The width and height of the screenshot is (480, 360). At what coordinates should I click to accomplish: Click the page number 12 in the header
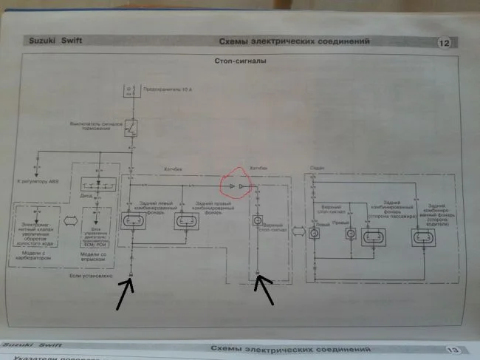coord(444,43)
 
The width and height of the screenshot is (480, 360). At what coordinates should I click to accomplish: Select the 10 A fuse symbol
coord(130,91)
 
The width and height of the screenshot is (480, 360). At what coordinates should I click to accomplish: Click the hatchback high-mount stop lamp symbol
coord(258,220)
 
